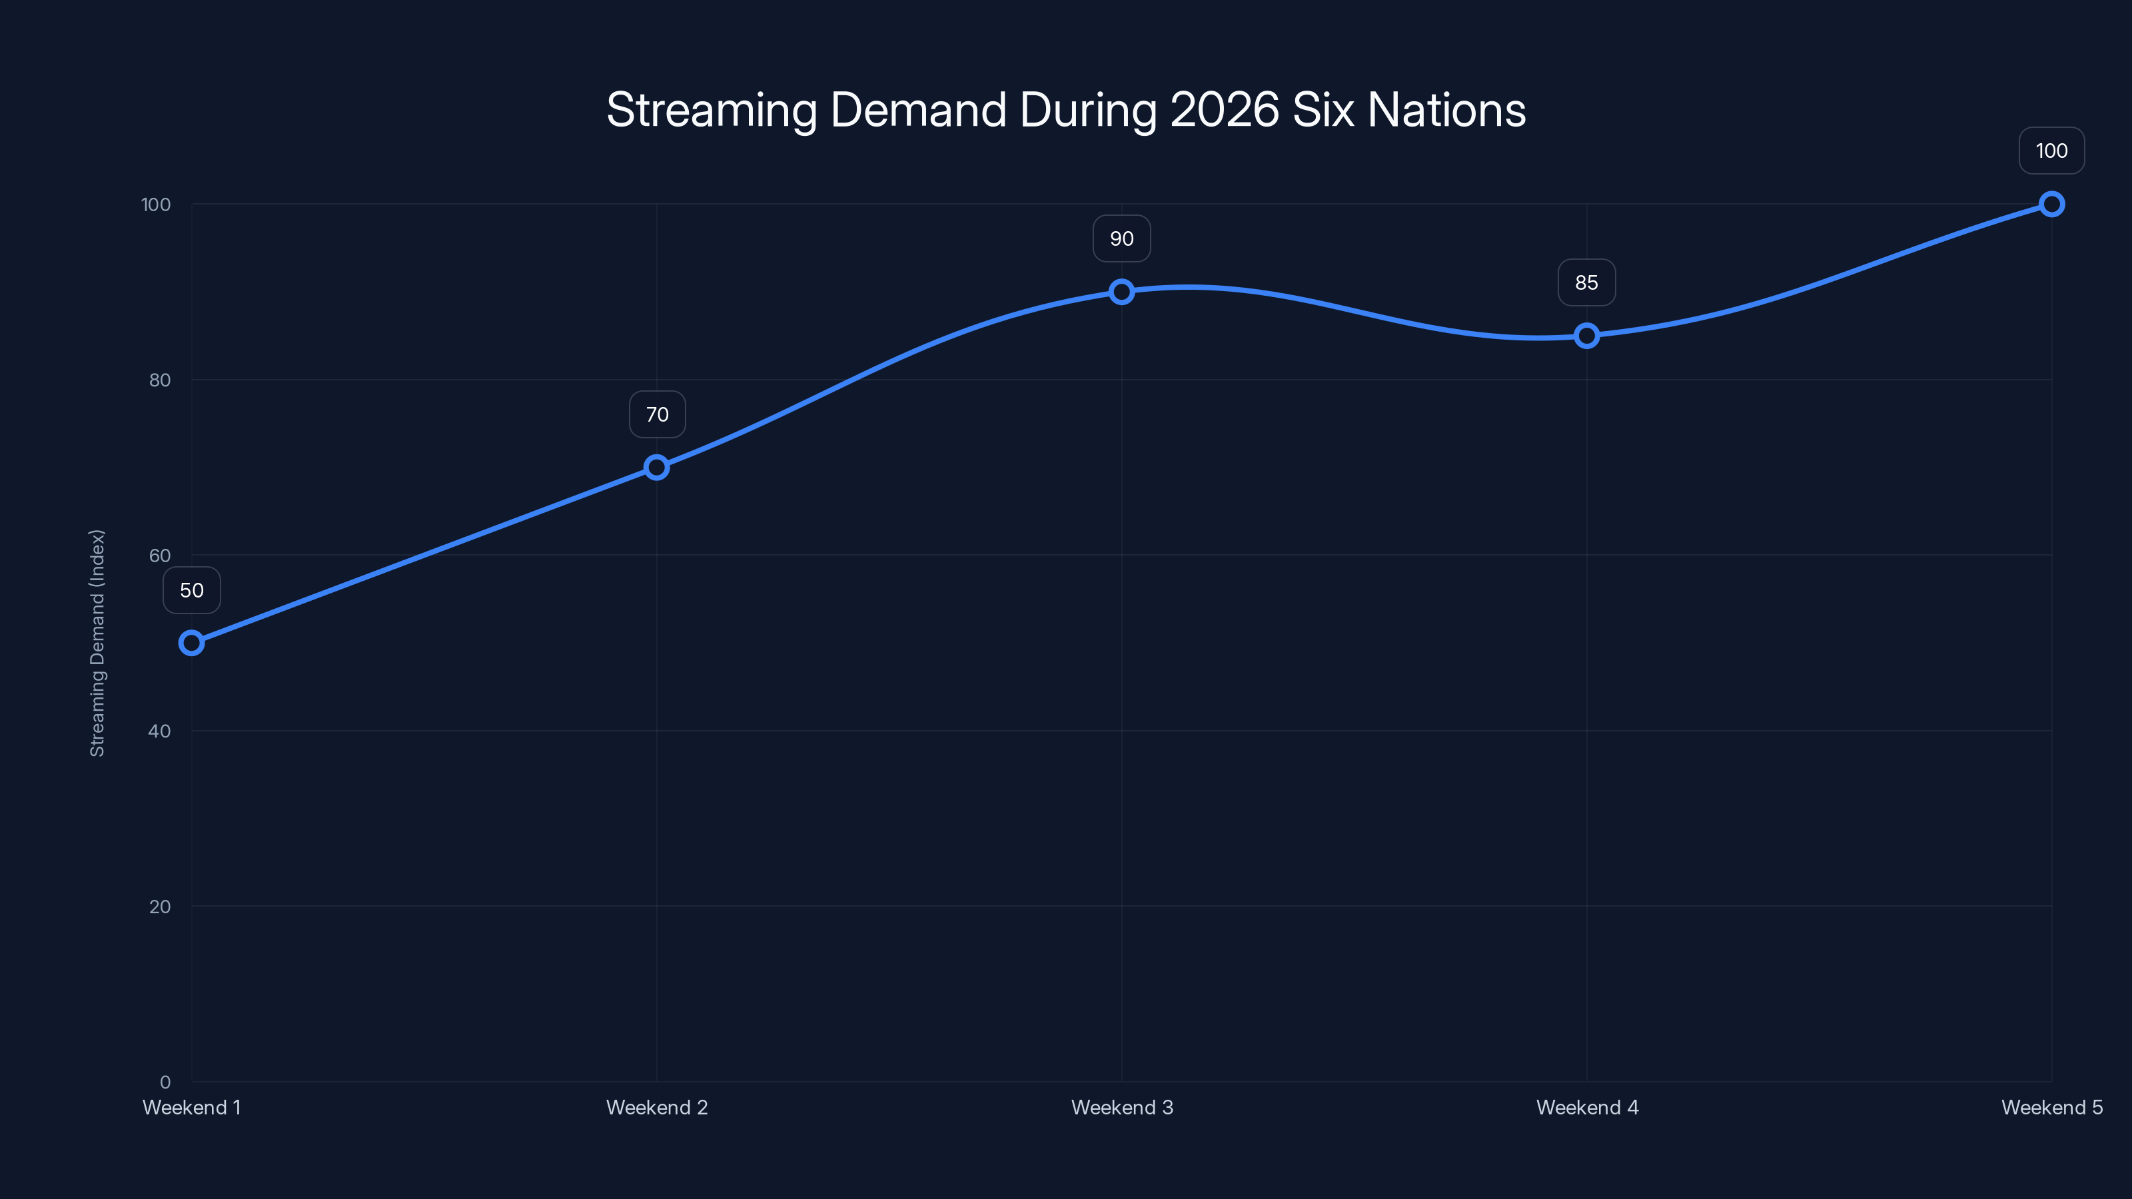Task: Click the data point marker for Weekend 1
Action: (191, 643)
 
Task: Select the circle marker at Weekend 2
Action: (656, 468)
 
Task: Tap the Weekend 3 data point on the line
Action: (1121, 291)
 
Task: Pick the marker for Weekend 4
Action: (1586, 336)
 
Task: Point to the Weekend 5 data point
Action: (2051, 204)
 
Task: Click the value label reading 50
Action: (191, 590)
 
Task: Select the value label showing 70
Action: (657, 414)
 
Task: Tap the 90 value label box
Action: (1121, 238)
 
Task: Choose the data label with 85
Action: (1586, 283)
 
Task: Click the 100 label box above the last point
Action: (2051, 151)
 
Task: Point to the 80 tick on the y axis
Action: (160, 380)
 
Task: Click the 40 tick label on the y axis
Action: (160, 731)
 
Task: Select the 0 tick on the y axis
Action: (165, 1082)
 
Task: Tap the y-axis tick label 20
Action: (160, 907)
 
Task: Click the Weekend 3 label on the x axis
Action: (1121, 1108)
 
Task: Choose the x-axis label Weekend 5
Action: (2051, 1108)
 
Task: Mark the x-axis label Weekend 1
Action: (191, 1108)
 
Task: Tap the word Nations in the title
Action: (1446, 110)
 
